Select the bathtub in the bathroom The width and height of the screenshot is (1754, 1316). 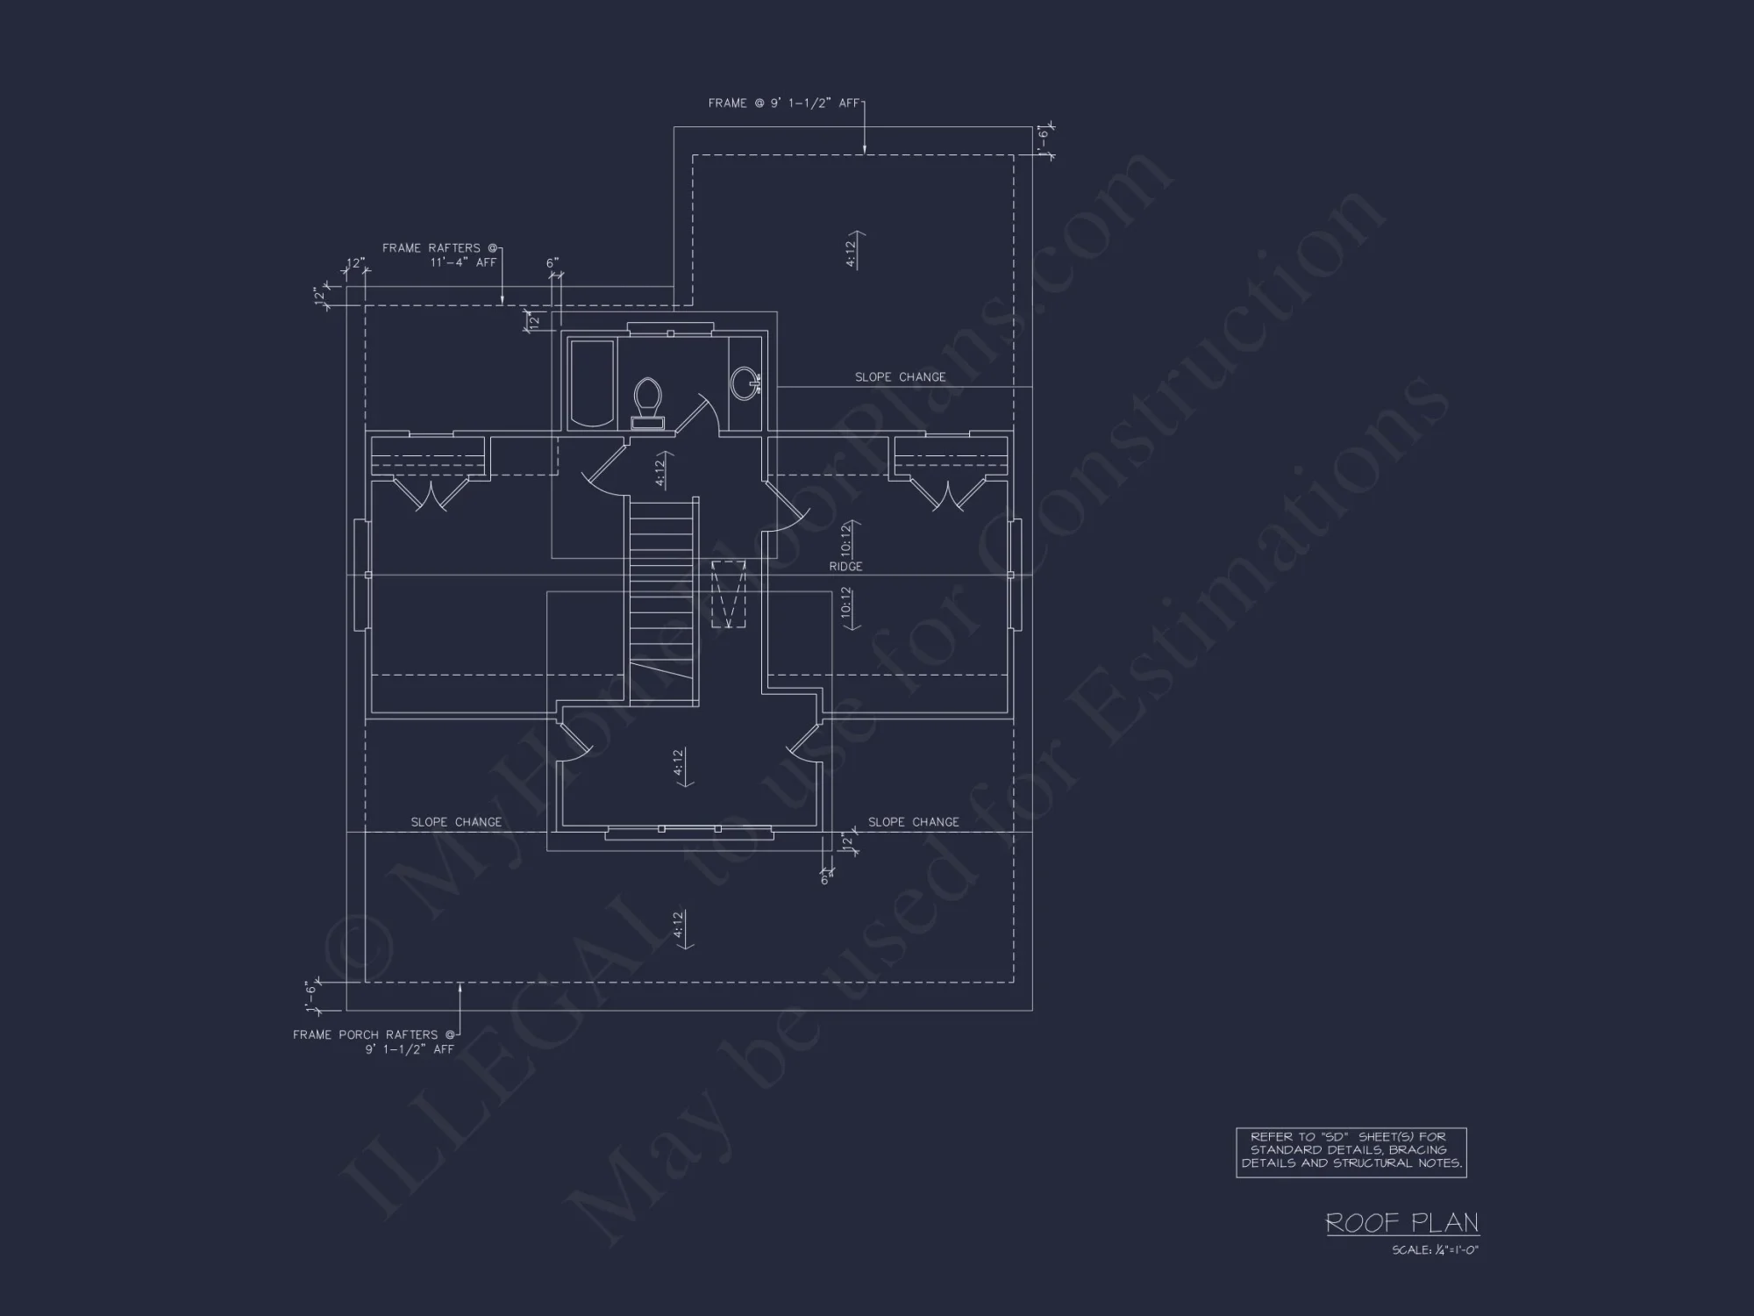pyautogui.click(x=592, y=384)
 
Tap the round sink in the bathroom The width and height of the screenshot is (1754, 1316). pyautogui.click(x=745, y=383)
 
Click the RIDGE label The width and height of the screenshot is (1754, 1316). pyautogui.click(x=845, y=567)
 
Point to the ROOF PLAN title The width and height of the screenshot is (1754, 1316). pyautogui.click(x=1401, y=1222)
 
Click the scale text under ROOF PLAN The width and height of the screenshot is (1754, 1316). pyautogui.click(x=1435, y=1250)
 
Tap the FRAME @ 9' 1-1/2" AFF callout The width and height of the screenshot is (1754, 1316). pyautogui.click(x=784, y=104)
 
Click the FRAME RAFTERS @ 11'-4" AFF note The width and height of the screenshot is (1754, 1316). pyautogui.click(x=440, y=255)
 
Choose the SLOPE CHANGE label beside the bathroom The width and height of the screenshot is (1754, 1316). pyautogui.click(x=900, y=377)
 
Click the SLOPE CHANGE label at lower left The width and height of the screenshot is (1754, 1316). pyautogui.click(x=456, y=822)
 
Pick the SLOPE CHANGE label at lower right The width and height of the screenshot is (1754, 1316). pyautogui.click(x=913, y=822)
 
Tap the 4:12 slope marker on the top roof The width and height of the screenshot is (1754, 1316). pyautogui.click(x=851, y=249)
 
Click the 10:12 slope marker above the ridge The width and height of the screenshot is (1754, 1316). pyautogui.click(x=845, y=539)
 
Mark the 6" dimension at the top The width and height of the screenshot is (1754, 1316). pyautogui.click(x=553, y=263)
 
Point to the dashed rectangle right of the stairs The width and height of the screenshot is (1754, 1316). pyautogui.click(x=728, y=595)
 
